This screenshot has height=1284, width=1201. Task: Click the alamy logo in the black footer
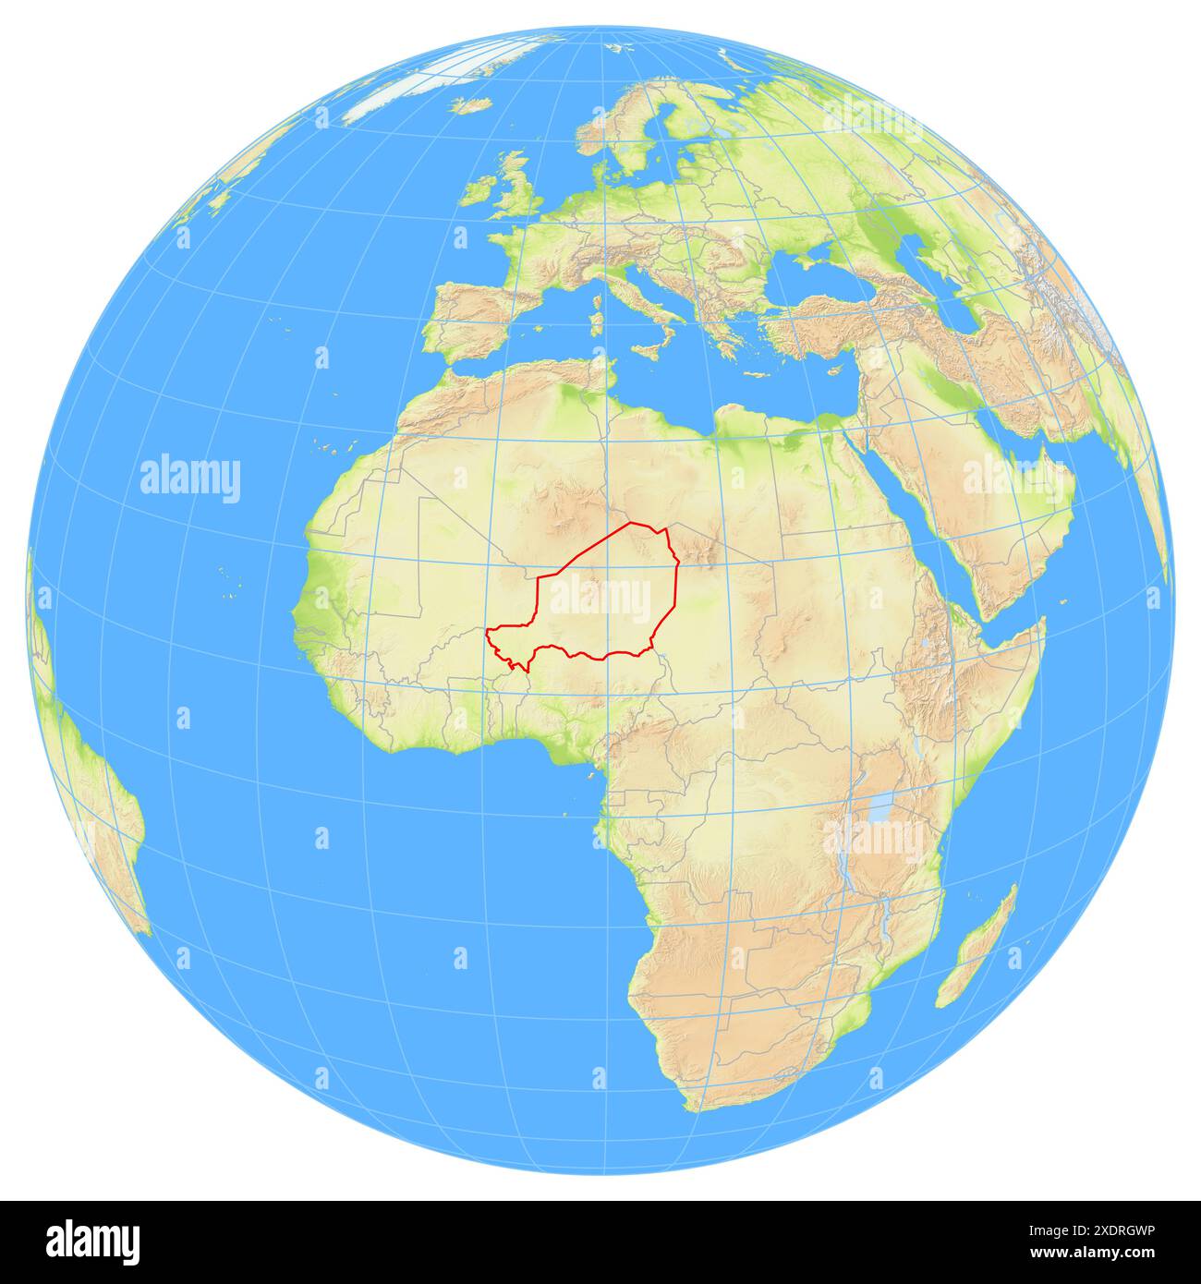[92, 1242]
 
